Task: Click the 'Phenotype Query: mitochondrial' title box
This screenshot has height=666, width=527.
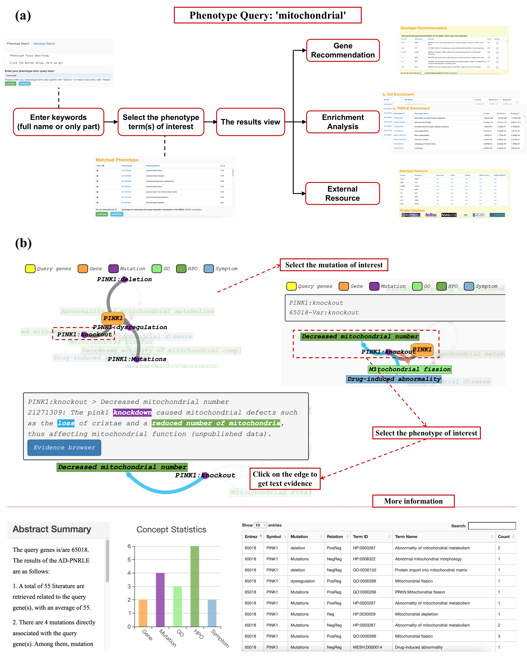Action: (268, 15)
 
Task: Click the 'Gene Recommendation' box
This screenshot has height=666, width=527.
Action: (343, 50)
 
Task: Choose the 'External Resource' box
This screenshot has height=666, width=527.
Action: (342, 193)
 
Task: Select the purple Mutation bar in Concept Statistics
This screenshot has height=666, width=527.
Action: (160, 600)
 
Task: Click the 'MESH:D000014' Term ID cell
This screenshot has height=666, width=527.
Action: (367, 647)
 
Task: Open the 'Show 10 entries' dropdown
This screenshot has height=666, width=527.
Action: (260, 525)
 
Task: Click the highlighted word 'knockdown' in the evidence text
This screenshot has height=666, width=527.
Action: (132, 413)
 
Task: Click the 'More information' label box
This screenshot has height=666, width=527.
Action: (413, 501)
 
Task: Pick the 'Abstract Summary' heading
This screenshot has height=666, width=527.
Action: (52, 529)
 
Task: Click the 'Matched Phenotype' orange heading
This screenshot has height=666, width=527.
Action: (117, 160)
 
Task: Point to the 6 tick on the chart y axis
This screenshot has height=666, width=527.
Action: (129, 546)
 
